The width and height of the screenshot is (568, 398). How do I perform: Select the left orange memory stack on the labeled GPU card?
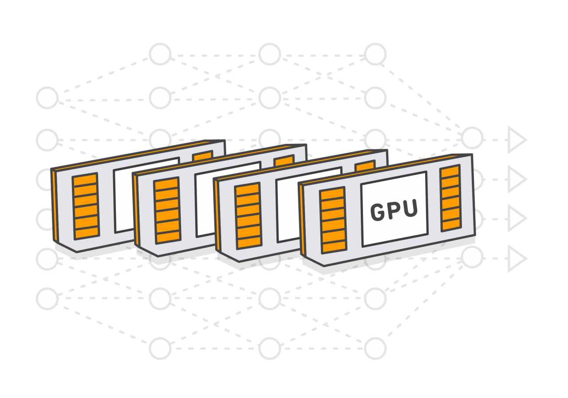point(333,220)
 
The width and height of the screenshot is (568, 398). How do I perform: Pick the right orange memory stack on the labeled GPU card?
point(450,198)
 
